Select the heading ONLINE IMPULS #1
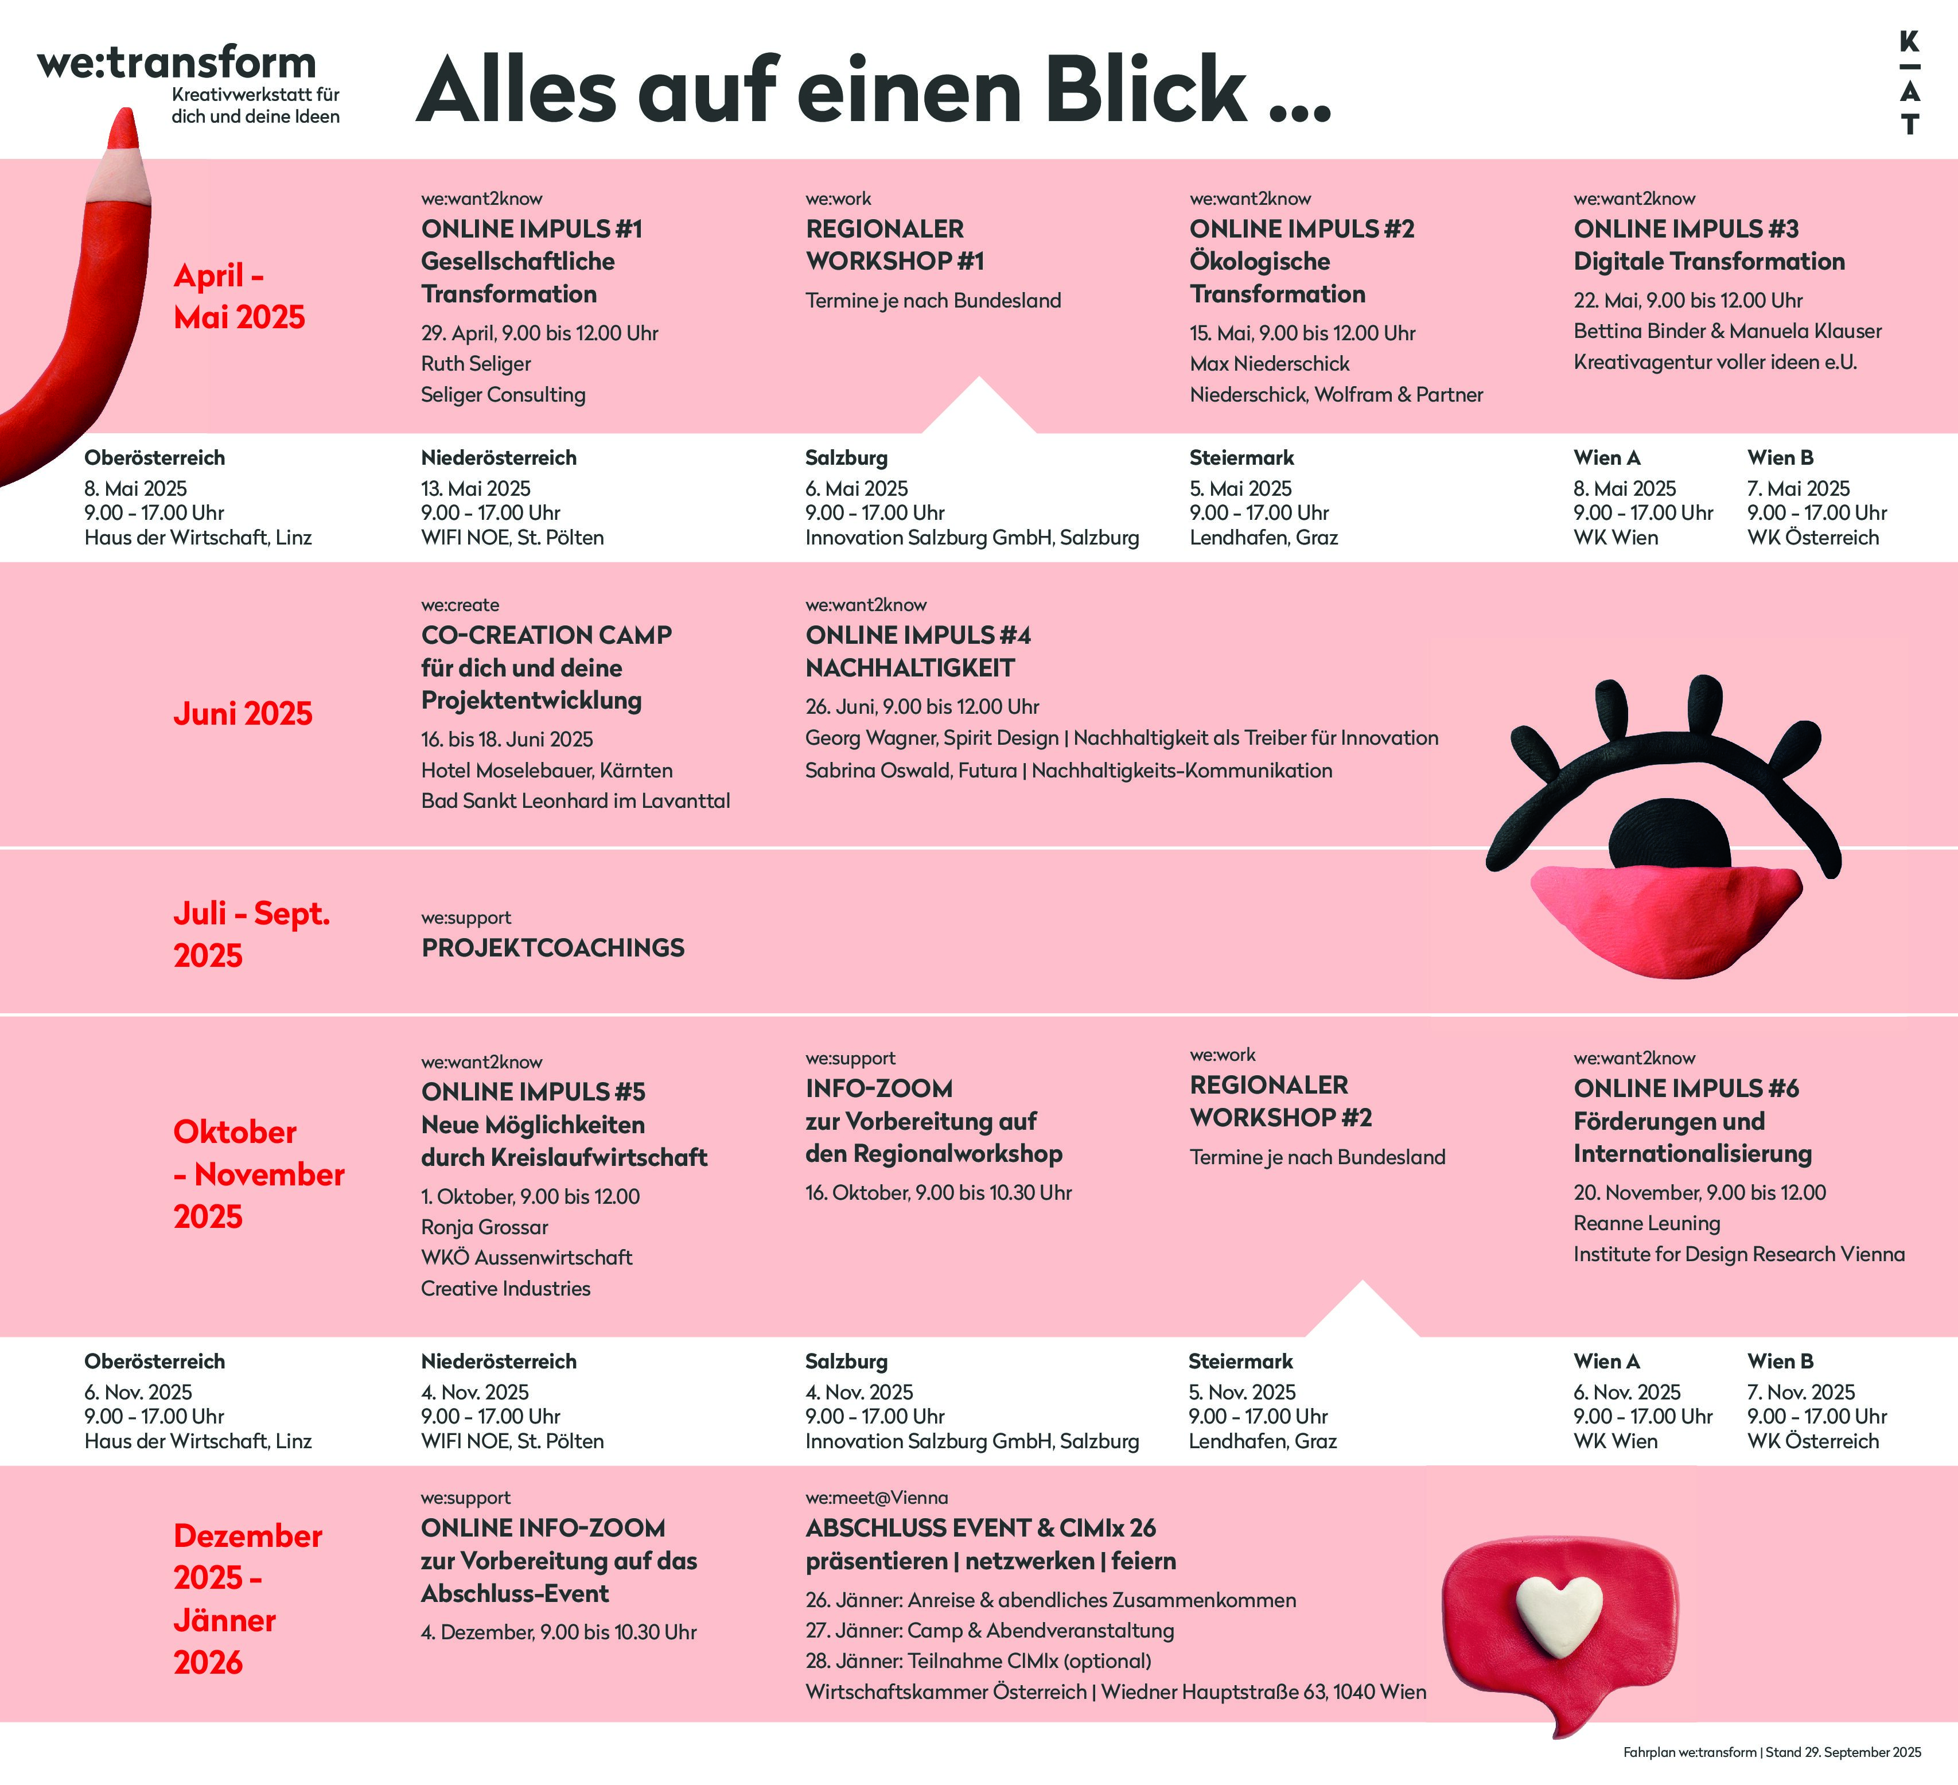click(x=531, y=229)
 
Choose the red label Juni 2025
click(x=243, y=714)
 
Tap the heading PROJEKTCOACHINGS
click(x=552, y=948)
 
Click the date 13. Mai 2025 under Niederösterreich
click(x=476, y=488)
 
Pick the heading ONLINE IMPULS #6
click(x=1686, y=1088)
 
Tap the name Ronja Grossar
click(x=485, y=1227)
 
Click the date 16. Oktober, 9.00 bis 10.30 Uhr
click(x=938, y=1193)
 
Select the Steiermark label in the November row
click(x=1240, y=1362)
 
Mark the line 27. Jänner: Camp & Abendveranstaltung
click(x=990, y=1631)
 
